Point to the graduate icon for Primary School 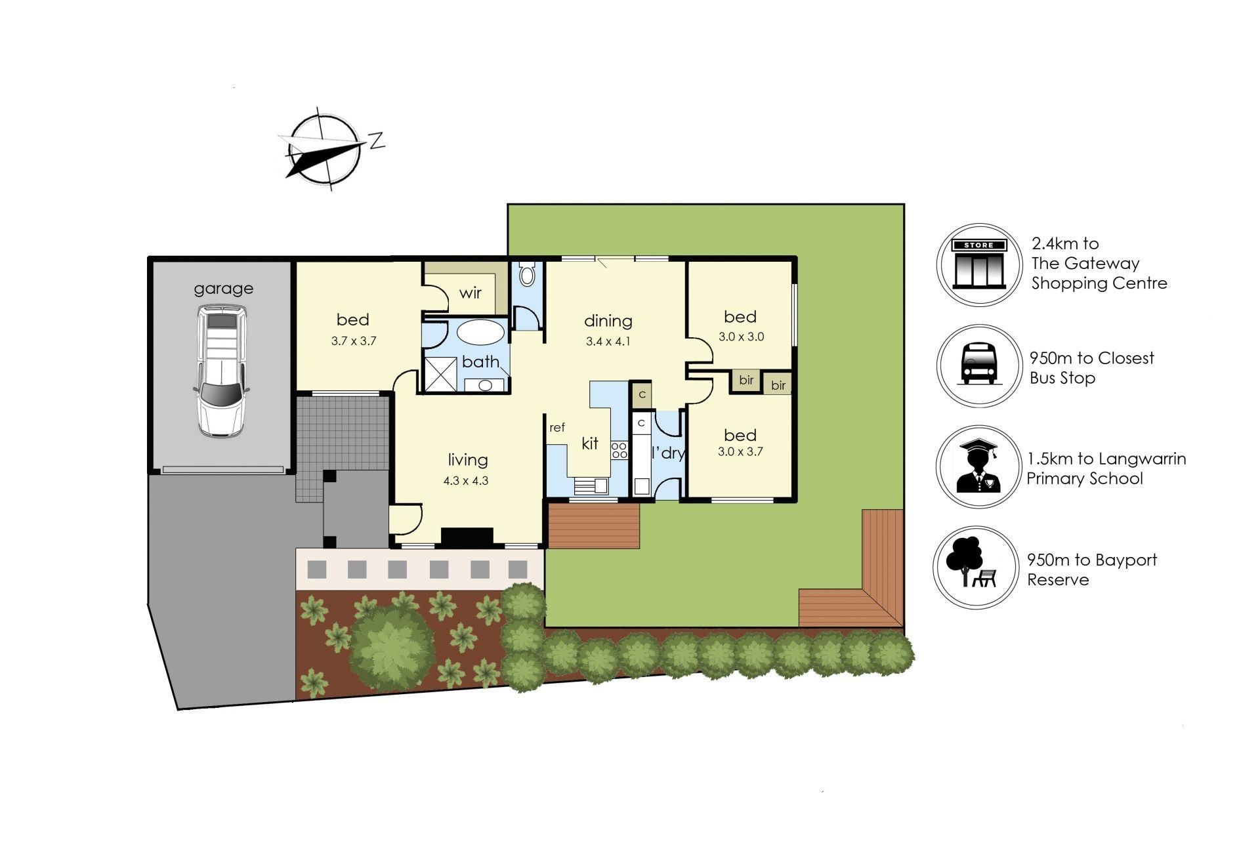978,466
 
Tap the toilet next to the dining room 527,274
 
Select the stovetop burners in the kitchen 619,450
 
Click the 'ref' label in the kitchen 556,428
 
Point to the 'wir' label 470,293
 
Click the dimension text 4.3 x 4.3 466,480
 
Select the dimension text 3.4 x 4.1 608,341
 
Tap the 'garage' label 223,289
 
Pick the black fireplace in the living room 467,536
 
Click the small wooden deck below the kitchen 594,526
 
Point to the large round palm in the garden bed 392,646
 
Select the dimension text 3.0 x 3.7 740,451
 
